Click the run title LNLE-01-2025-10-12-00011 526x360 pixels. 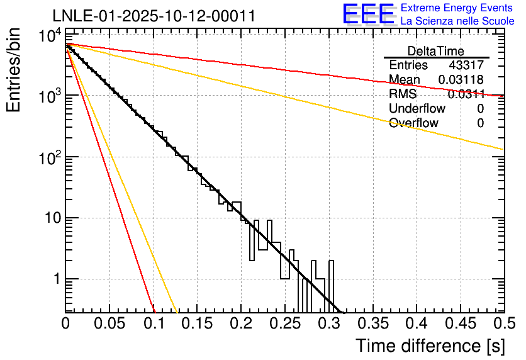[154, 16]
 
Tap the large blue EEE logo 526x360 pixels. [369, 14]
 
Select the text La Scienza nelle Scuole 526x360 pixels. [457, 21]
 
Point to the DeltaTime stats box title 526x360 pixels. [435, 51]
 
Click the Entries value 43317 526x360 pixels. [466, 65]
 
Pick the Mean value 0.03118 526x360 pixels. [461, 79]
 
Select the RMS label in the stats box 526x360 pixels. [402, 94]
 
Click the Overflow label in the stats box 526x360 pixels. [413, 123]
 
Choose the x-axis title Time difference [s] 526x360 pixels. [429, 346]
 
